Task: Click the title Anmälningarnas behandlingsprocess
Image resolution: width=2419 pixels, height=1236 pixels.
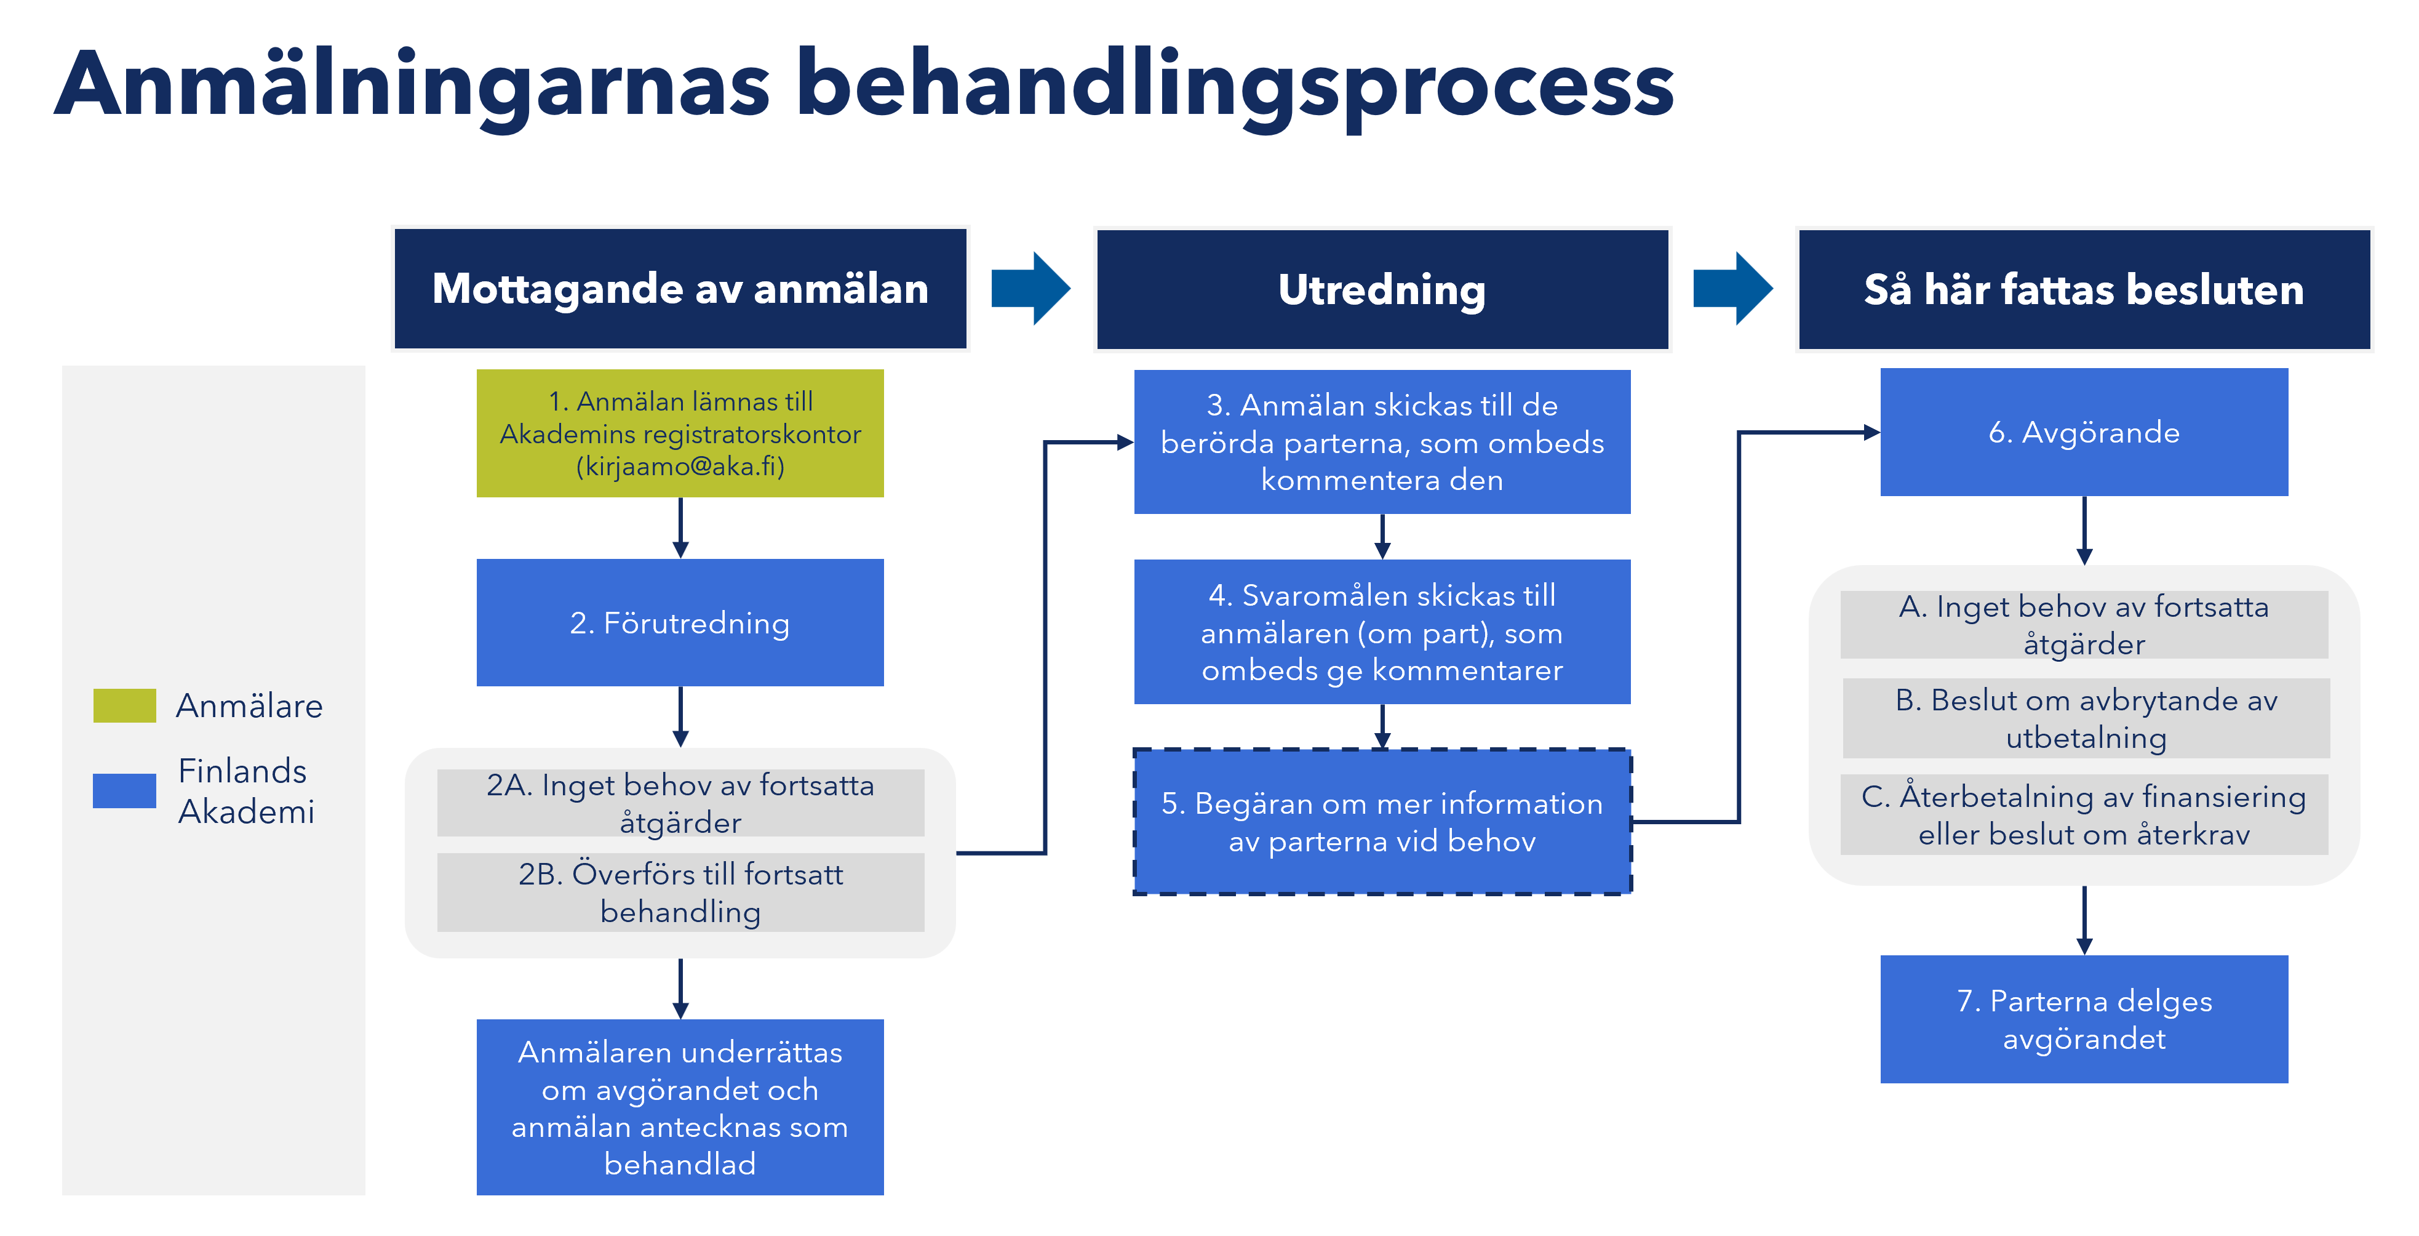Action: (x=864, y=84)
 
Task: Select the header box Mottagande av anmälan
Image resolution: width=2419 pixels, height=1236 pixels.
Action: (x=680, y=288)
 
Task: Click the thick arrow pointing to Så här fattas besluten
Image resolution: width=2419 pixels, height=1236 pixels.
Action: (x=1732, y=288)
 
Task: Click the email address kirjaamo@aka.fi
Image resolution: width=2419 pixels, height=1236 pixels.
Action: (x=680, y=467)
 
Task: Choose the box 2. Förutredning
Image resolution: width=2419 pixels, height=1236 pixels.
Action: (x=680, y=623)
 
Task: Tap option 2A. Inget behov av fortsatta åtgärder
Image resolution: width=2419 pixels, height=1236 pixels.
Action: (x=680, y=803)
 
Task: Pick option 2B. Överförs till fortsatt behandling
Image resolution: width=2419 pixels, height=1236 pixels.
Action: (x=680, y=893)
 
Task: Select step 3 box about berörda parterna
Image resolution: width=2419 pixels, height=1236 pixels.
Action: (x=1381, y=441)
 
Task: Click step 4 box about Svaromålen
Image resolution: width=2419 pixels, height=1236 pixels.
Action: (x=1381, y=632)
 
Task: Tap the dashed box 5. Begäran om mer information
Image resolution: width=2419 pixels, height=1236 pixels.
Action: (x=1381, y=822)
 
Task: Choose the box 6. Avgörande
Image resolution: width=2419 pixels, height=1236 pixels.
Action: (x=2084, y=432)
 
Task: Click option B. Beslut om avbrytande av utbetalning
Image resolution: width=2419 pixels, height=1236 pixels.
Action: (x=2086, y=718)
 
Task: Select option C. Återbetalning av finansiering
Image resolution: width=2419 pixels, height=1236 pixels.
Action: (x=2084, y=814)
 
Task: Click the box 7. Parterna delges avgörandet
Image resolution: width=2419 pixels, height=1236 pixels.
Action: (x=2084, y=1019)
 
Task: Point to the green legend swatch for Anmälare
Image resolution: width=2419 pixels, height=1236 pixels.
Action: (x=124, y=705)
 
